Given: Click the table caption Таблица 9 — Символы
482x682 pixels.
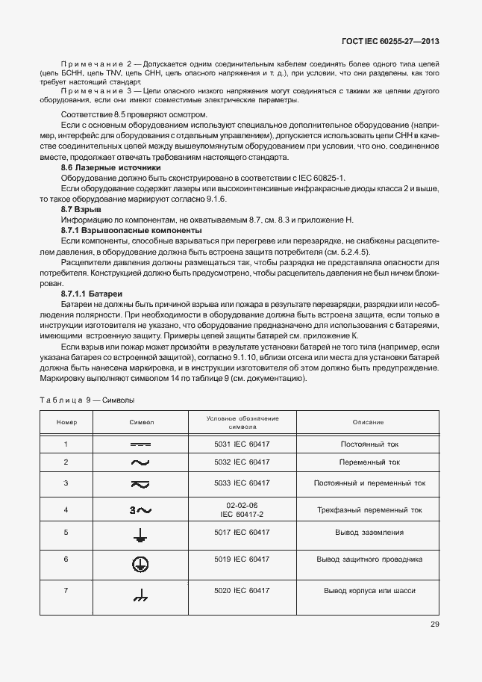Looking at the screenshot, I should pos(86,400).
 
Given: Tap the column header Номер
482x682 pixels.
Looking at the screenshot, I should pos(66,423).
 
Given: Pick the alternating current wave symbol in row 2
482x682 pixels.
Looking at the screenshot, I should pos(140,463).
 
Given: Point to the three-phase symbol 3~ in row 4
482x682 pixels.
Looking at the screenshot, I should pos(140,510).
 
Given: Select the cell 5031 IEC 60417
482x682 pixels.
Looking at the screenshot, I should pos(242,444).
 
